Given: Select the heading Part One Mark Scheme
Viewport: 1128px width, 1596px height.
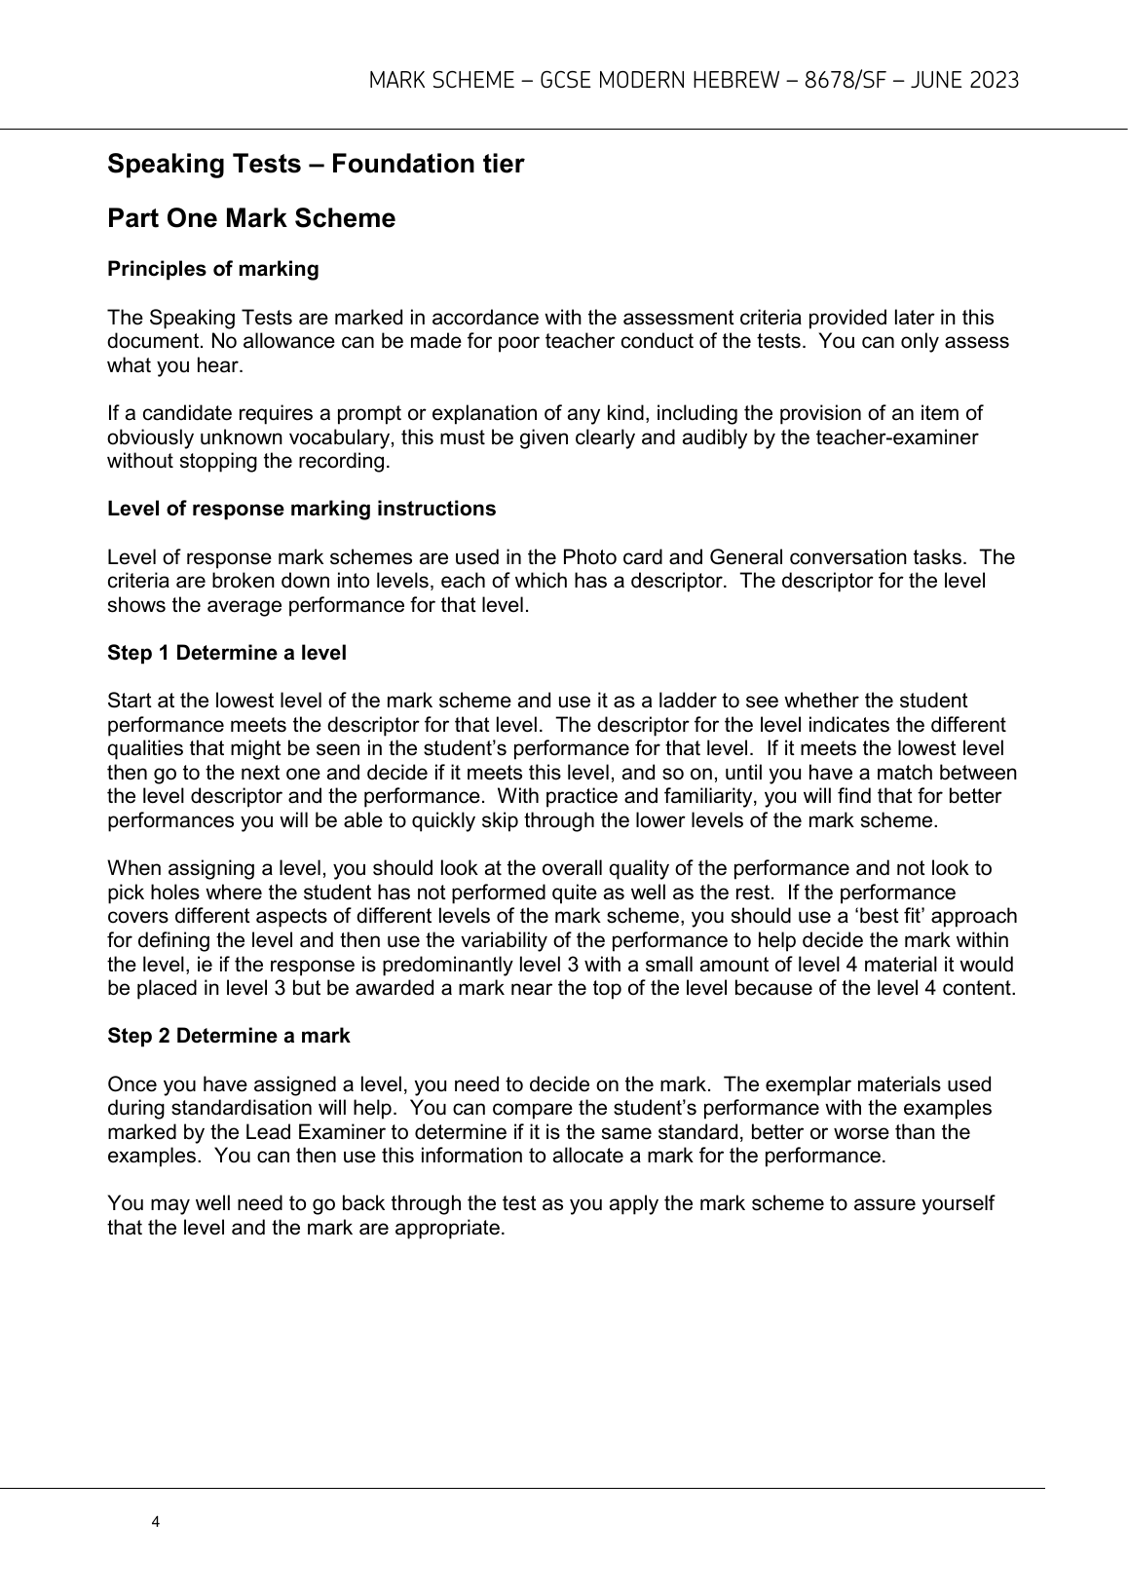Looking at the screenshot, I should [x=251, y=218].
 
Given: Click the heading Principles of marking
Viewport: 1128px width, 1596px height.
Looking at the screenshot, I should [x=212, y=269].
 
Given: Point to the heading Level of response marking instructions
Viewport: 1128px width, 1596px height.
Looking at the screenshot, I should [x=301, y=509].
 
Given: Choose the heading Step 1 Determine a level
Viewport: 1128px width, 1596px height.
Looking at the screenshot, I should [x=226, y=653].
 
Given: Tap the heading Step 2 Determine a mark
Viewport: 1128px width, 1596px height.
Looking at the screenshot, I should [x=228, y=1036].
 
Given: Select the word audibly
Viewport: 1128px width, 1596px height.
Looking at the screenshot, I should [x=699, y=437].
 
